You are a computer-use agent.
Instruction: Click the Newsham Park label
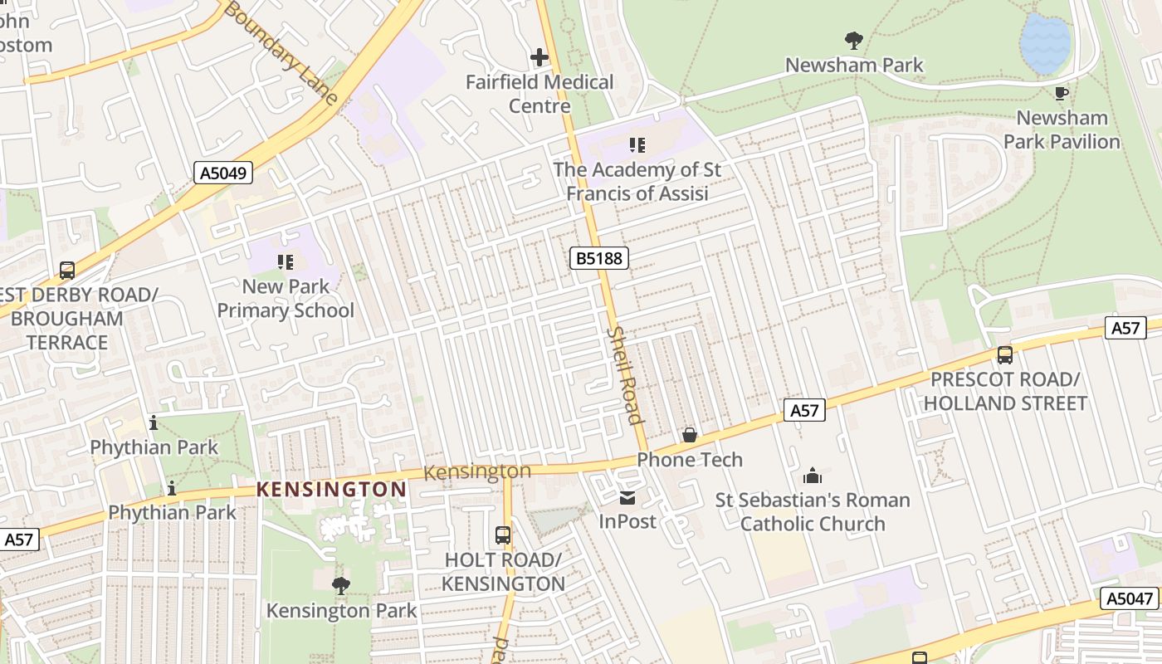[x=854, y=65]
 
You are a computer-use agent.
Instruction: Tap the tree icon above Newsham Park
[x=853, y=40]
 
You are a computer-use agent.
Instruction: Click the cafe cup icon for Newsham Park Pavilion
[x=1061, y=93]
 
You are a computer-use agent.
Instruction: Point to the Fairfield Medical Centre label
[x=539, y=94]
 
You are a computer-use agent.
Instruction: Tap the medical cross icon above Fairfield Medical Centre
[x=539, y=57]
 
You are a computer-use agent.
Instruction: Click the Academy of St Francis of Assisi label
[x=637, y=181]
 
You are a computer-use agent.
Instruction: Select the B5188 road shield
[x=599, y=258]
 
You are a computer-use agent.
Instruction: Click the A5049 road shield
[x=223, y=173]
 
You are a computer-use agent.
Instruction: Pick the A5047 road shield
[x=1130, y=598]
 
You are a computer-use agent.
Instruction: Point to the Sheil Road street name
[x=626, y=374]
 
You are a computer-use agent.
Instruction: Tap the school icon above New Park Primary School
[x=286, y=262]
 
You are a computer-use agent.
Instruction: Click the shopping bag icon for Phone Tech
[x=689, y=435]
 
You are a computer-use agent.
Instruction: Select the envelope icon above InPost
[x=627, y=498]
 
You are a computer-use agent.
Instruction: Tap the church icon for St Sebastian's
[x=813, y=476]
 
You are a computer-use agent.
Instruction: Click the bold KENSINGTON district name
[x=331, y=489]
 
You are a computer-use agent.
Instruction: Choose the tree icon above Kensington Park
[x=341, y=586]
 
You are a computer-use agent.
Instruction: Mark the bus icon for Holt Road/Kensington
[x=503, y=535]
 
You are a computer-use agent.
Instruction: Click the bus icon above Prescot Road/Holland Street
[x=1005, y=355]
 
